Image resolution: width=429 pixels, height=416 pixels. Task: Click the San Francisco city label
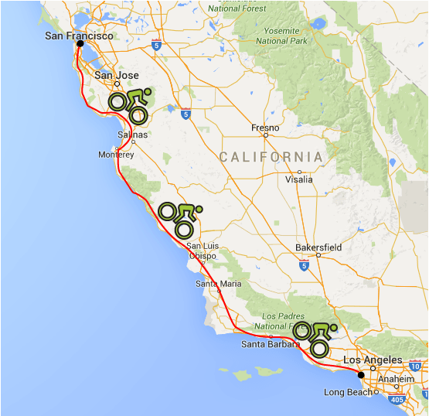point(79,36)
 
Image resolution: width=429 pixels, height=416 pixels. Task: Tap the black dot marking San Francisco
point(80,44)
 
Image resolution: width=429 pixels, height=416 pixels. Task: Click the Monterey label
point(117,154)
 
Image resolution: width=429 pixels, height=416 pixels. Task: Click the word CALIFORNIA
point(271,157)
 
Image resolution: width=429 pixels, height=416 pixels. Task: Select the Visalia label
point(299,179)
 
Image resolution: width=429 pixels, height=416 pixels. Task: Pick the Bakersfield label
point(318,247)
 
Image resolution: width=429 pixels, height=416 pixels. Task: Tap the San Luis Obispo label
point(203,251)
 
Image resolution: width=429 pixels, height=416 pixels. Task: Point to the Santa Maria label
point(218,284)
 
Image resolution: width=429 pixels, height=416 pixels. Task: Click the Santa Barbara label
point(270,344)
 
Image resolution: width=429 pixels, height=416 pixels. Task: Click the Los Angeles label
point(373,360)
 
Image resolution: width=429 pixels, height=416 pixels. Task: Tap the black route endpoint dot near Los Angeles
point(361,375)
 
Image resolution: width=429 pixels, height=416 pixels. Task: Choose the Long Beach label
point(349,393)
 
